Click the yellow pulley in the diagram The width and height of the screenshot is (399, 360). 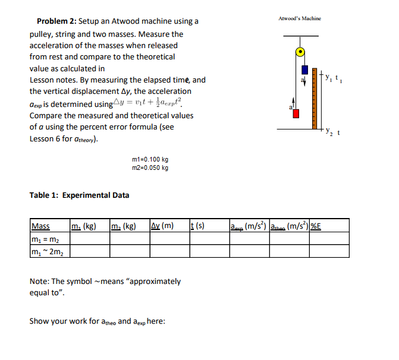click(x=301, y=52)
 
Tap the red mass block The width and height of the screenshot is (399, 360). click(x=296, y=112)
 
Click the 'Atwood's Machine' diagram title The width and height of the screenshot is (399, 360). click(x=300, y=18)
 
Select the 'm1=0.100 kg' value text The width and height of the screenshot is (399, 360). click(x=149, y=160)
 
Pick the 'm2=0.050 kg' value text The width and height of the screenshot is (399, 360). click(x=149, y=168)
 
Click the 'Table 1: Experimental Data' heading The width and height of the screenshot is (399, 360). click(x=79, y=195)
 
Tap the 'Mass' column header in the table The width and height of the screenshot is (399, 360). click(x=40, y=226)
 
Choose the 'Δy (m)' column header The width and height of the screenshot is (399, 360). click(x=162, y=226)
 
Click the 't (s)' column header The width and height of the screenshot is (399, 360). click(x=196, y=226)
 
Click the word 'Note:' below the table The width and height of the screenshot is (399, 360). click(x=39, y=282)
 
